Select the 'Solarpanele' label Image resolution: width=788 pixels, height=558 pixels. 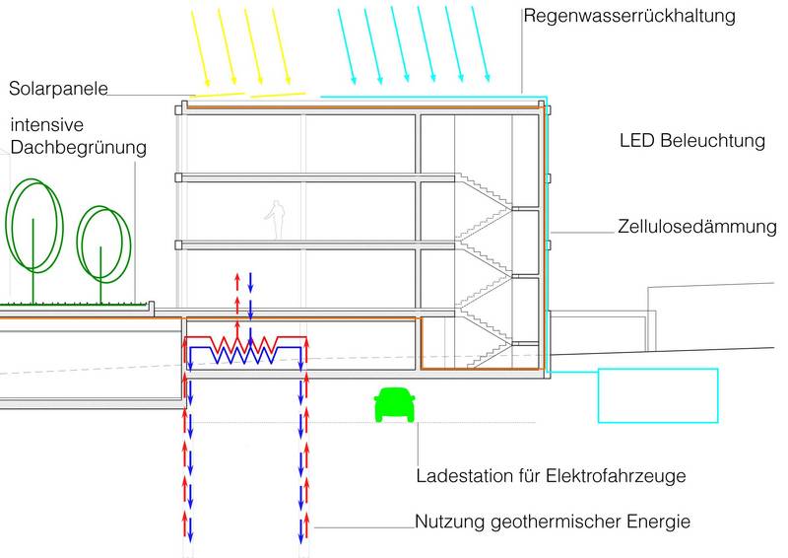pos(57,89)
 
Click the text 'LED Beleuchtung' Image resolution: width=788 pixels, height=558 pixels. pos(691,141)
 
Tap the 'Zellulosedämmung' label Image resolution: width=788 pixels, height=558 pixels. pos(697,227)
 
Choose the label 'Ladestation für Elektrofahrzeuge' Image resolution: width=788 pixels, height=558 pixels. pos(551,476)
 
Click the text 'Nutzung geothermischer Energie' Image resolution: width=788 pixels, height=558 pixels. pos(553,522)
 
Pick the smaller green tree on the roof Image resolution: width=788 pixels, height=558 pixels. pos(103,242)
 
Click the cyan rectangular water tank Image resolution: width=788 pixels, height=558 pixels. pos(658,394)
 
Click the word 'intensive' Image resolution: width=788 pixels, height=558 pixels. pos(47,125)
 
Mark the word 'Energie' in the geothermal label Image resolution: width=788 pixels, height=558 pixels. pos(657,522)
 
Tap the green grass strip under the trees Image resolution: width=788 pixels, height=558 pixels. pos(74,304)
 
